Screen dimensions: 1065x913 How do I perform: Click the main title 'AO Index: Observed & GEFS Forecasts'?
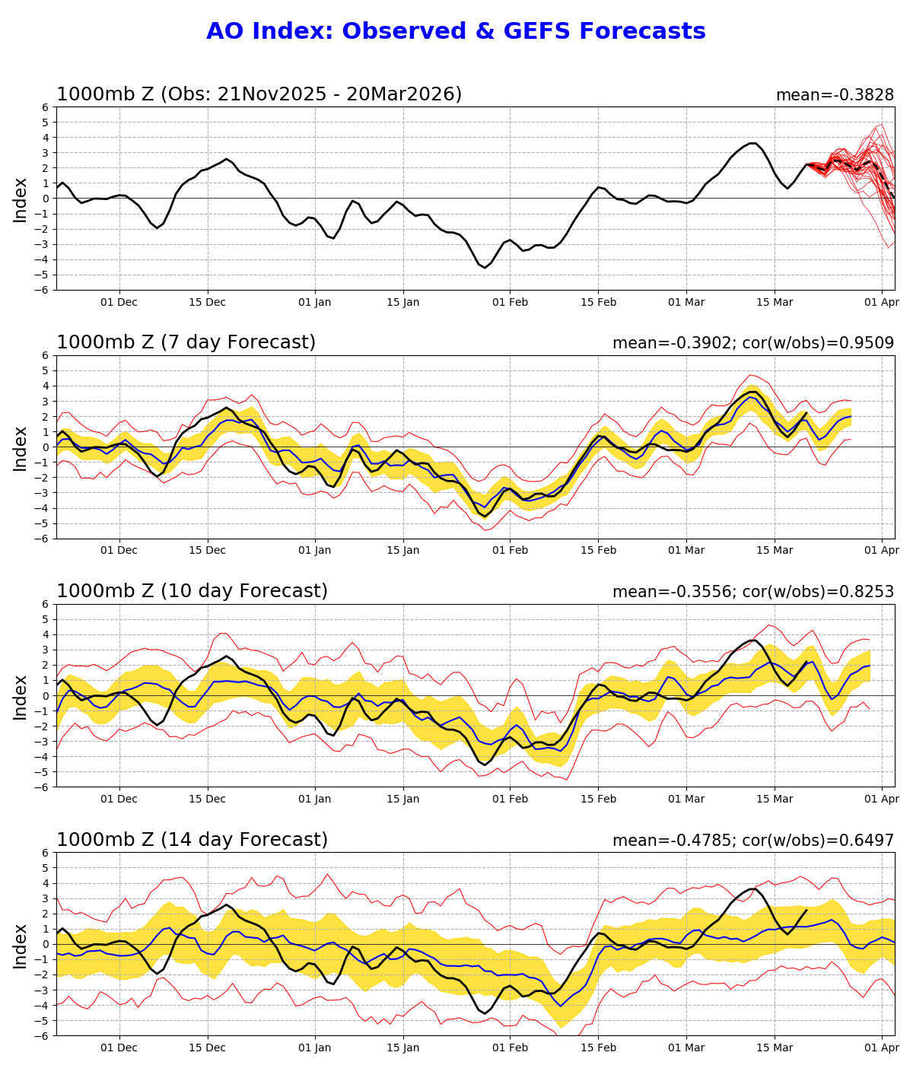(x=456, y=32)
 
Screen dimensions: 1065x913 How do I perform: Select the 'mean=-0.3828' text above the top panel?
(x=835, y=95)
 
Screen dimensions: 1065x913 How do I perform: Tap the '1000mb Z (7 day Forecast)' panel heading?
(x=186, y=343)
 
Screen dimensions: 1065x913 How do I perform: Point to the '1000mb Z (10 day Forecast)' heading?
(x=192, y=592)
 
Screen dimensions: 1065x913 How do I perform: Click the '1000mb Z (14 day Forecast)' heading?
(x=192, y=841)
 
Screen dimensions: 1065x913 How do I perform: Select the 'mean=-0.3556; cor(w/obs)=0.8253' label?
(x=752, y=593)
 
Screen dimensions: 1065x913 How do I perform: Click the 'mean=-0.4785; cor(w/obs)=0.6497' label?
(x=752, y=841)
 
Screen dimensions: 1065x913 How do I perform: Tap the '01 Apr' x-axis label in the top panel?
(x=882, y=302)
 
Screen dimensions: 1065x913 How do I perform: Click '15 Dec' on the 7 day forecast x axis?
(x=207, y=551)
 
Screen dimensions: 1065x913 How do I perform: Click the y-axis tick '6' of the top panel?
(x=46, y=107)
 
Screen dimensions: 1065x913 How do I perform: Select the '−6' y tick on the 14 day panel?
(x=43, y=1036)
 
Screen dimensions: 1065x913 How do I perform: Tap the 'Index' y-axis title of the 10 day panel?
(x=21, y=696)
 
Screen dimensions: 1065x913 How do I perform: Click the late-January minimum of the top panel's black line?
(x=485, y=268)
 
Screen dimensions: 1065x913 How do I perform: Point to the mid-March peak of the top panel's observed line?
(x=753, y=143)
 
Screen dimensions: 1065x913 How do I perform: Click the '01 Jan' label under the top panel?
(x=314, y=302)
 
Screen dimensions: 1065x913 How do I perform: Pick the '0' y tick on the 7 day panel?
(x=46, y=447)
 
